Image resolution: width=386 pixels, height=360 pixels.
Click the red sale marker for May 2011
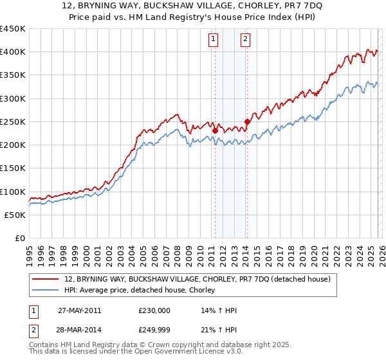pyautogui.click(x=215, y=131)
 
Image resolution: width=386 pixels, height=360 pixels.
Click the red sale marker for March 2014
pyautogui.click(x=247, y=122)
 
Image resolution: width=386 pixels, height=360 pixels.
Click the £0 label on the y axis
pyautogui.click(x=20, y=239)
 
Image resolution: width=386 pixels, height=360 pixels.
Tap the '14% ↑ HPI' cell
pyautogui.click(x=219, y=310)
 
